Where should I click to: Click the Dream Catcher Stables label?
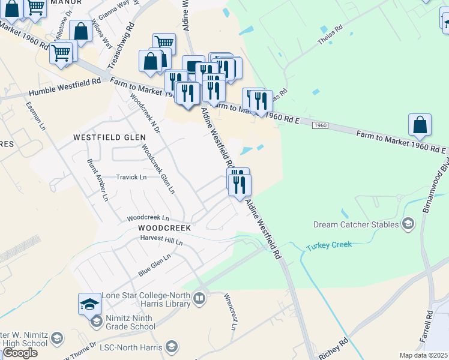[356, 224]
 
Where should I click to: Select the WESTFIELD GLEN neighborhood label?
[109, 137]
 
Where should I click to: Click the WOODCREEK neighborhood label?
[164, 229]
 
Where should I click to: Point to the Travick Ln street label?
[131, 177]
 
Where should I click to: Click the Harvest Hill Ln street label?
[161, 240]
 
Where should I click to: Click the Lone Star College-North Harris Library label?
[146, 299]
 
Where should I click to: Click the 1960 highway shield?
[320, 125]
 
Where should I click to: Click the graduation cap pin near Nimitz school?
[89, 304]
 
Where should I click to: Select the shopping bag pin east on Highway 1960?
[420, 125]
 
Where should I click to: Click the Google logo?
[19, 353]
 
